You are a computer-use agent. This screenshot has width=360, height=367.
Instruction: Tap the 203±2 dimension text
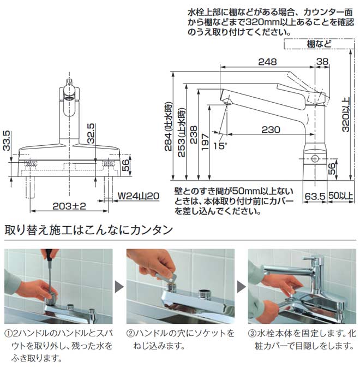[x=70, y=206]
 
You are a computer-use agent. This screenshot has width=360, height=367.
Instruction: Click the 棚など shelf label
[x=319, y=44]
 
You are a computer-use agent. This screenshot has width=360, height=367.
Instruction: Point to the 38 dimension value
[x=322, y=62]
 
